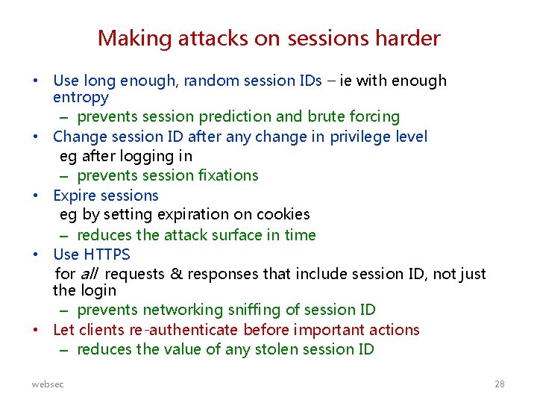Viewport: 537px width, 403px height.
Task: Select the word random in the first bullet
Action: pos(216,81)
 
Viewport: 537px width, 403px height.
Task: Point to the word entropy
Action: pos(81,98)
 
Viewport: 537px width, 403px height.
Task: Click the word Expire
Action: pos(75,196)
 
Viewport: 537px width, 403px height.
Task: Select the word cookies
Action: pos(283,215)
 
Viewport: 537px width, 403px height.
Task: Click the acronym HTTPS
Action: pos(104,255)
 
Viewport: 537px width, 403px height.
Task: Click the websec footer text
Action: pos(48,384)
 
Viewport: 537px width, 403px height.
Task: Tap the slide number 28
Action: pos(499,384)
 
